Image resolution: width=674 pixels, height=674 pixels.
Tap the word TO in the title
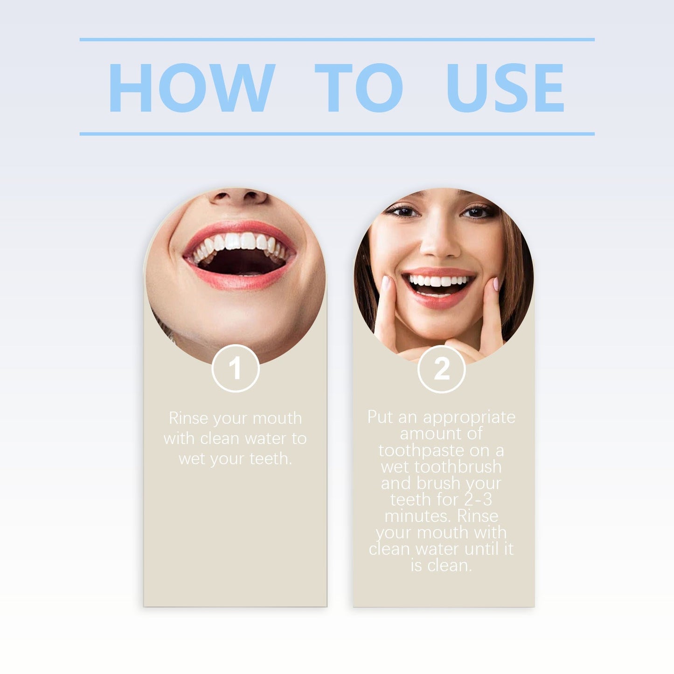point(358,88)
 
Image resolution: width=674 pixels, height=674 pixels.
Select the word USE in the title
point(505,88)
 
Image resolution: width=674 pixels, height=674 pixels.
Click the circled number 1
point(236,368)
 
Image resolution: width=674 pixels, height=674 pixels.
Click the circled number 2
point(441,369)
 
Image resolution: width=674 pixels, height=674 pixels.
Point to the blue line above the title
point(337,40)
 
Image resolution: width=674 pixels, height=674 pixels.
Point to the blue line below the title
point(337,134)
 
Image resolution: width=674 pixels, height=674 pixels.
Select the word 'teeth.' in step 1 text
point(271,459)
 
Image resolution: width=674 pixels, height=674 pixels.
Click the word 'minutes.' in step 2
point(418,516)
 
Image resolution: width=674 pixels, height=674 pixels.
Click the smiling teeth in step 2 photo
point(438,282)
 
